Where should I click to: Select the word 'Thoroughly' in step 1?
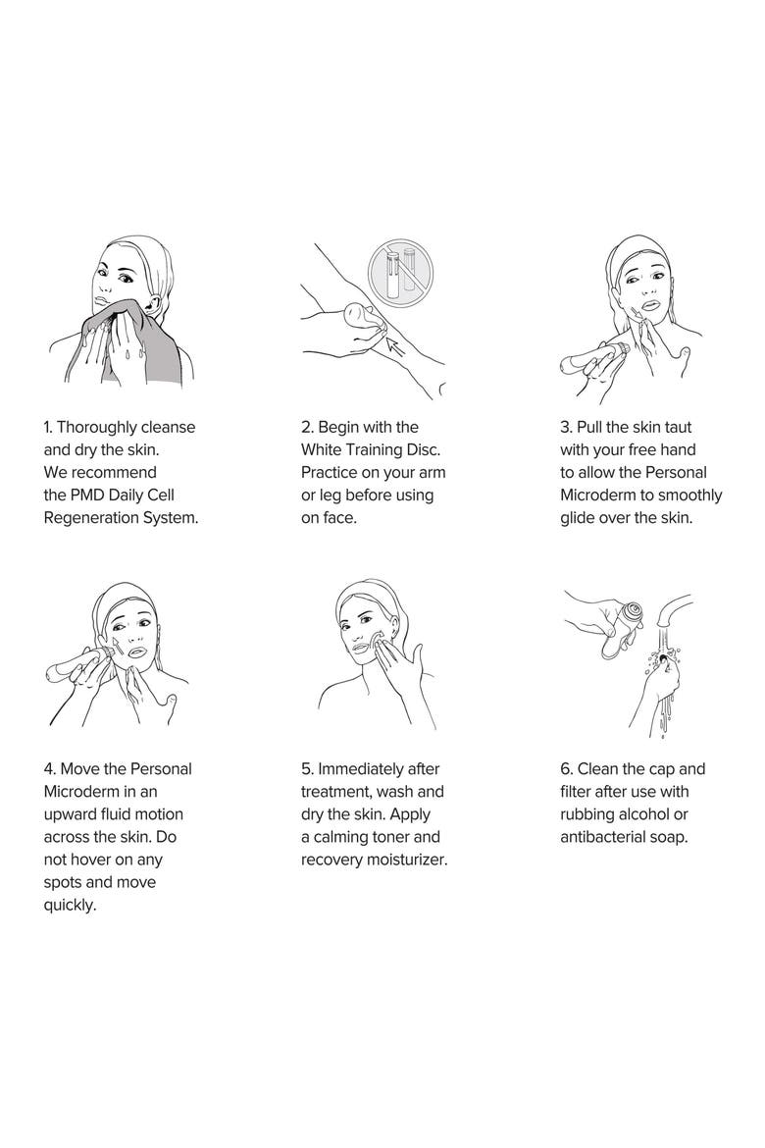(96, 428)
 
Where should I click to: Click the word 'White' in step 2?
(322, 449)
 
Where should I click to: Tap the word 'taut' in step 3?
(678, 427)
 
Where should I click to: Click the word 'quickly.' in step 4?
(71, 906)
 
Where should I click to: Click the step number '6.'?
(567, 769)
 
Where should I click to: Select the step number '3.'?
(566, 427)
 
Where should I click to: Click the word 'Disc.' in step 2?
(423, 449)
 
